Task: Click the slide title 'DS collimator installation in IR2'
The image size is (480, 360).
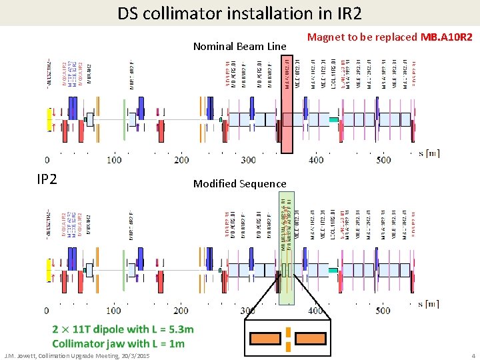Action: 240,13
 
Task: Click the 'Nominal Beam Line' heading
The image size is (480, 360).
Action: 239,46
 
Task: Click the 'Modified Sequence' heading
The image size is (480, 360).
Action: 239,183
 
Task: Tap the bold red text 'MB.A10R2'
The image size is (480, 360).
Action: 446,37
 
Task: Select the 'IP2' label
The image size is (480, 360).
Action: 47,179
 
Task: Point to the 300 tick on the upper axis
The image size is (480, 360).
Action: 248,160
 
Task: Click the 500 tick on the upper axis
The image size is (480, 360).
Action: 383,160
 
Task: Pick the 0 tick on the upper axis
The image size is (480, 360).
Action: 47,160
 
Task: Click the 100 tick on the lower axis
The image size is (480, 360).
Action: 114,311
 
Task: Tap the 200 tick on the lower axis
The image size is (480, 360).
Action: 181,311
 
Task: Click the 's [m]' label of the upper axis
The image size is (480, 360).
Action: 429,153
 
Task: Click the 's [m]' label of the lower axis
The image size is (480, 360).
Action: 429,304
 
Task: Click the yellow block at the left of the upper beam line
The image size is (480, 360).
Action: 48,119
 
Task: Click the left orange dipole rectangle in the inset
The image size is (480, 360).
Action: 264,338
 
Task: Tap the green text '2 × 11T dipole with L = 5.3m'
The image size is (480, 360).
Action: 123,329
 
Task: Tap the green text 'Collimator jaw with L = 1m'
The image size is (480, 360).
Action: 118,343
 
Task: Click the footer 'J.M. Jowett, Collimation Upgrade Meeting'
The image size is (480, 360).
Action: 77,355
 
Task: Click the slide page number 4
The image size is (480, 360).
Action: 473,355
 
